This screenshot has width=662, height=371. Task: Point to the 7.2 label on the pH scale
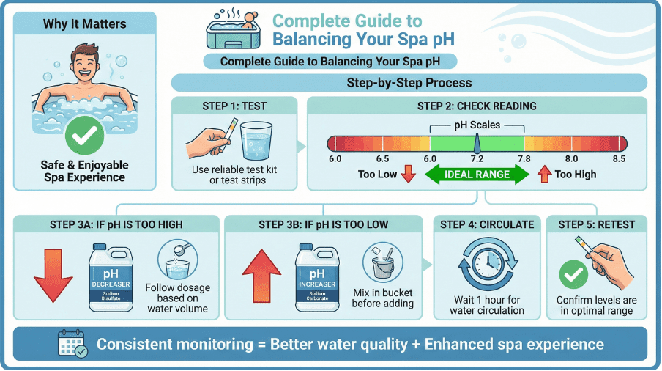tap(477, 159)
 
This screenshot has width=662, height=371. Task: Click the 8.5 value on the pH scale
tap(618, 159)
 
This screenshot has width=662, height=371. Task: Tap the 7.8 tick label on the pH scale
tap(524, 159)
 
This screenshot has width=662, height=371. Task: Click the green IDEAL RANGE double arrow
tap(477, 175)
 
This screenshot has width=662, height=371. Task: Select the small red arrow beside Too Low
tap(409, 175)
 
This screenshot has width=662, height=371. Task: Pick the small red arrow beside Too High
tap(544, 175)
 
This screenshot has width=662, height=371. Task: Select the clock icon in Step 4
tap(486, 268)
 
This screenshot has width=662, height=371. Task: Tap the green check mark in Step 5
tap(572, 275)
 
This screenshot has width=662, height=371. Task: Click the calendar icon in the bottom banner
tap(72, 344)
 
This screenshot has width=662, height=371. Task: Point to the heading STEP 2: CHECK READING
tap(477, 106)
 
